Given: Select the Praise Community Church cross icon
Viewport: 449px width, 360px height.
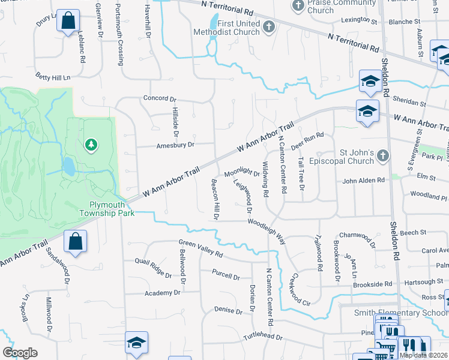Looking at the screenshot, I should pos(298,6).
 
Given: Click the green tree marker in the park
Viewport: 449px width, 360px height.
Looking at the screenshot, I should pos(91,144).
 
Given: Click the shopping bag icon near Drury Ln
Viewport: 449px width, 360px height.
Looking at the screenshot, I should pos(68,20).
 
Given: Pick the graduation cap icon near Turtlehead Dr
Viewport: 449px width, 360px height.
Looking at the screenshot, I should pos(136,343).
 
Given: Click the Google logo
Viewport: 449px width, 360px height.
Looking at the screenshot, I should pos(20,353).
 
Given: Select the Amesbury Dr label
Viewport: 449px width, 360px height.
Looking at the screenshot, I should pos(176,145).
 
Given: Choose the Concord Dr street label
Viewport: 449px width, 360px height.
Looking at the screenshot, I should pos(160,98).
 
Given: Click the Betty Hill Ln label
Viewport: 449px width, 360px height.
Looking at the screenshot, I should pos(53,77).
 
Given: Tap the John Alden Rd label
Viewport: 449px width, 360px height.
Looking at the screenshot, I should pos(363,181).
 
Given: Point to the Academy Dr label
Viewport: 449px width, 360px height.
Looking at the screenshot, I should pos(162,293).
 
